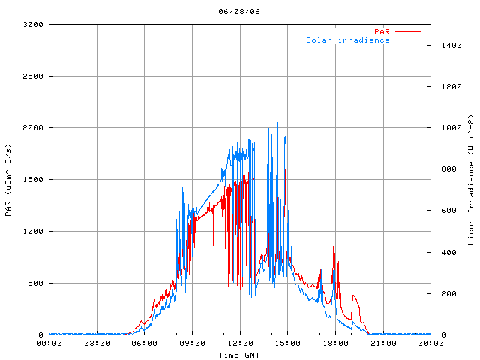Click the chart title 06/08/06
(239, 12)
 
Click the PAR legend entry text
(382, 31)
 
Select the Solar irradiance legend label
(347, 40)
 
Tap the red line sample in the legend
(408, 31)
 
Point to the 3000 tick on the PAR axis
(32, 24)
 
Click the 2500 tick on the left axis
(32, 76)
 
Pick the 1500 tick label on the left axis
(32, 179)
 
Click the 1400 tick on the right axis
(448, 45)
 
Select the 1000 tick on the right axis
(448, 127)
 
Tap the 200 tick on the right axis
(445, 293)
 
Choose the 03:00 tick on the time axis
(97, 343)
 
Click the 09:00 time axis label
(192, 343)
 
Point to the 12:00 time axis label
(240, 343)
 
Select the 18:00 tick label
(335, 343)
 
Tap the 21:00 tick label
(383, 343)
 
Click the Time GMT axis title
(239, 354)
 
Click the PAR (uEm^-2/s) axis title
(8, 179)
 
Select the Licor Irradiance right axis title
(471, 179)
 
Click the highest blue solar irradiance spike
(277, 124)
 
